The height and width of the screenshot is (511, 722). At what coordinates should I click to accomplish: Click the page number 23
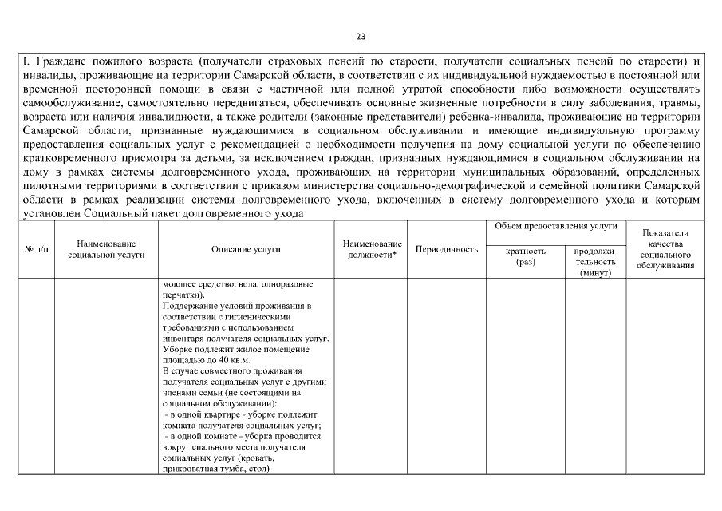point(361,37)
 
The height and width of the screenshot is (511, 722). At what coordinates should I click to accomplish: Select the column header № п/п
point(37,250)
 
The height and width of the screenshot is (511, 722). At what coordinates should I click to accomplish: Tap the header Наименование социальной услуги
point(106,249)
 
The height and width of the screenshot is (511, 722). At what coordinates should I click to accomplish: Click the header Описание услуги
point(246,250)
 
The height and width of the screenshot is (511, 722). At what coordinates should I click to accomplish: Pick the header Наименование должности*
point(372,249)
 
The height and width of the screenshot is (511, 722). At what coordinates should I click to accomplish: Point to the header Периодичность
point(447,250)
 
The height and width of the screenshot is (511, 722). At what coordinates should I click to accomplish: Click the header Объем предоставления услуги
point(556,228)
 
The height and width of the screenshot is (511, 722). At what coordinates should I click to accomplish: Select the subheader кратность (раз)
point(526,255)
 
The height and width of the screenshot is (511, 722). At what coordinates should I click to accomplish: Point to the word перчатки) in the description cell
point(181,295)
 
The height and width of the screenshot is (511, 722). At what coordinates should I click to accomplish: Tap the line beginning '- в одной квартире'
point(240,414)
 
